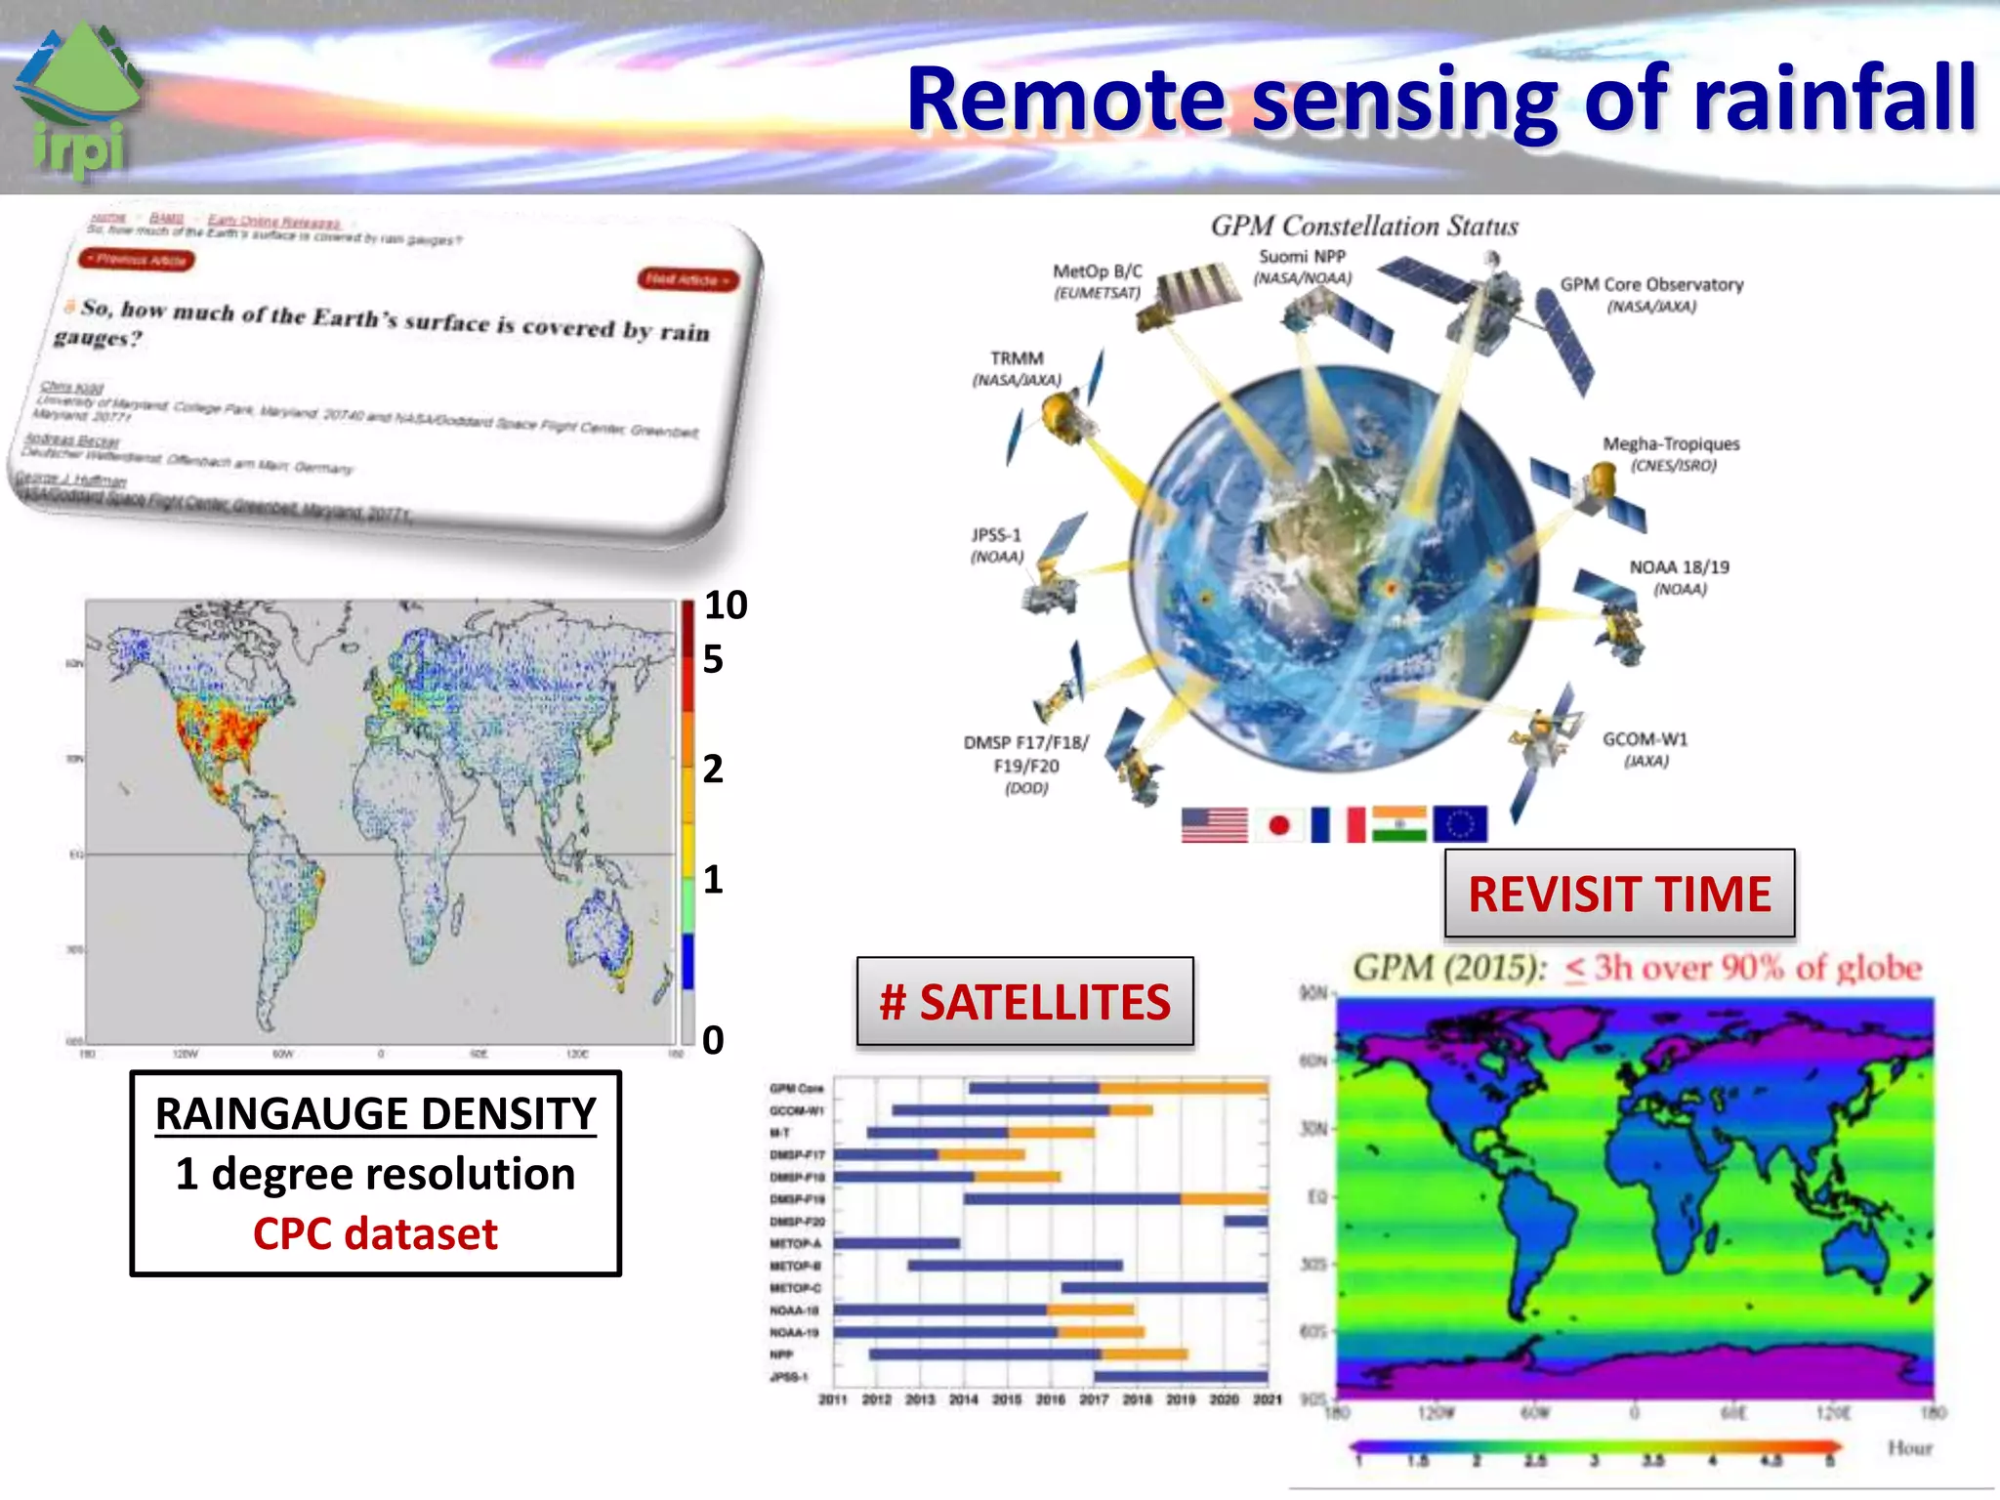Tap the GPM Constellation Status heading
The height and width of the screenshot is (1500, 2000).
[x=1364, y=227]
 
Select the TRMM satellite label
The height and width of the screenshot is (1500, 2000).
[x=1017, y=368]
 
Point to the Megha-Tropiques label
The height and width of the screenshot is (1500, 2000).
[x=1671, y=453]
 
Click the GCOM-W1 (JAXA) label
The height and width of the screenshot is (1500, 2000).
[x=1645, y=749]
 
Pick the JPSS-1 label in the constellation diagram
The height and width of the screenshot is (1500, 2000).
[x=996, y=545]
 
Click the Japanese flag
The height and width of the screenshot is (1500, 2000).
[x=1278, y=825]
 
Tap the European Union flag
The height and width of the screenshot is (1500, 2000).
[x=1459, y=824]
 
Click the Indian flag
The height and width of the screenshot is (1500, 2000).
[x=1398, y=824]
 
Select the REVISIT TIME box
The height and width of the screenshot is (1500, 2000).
[x=1619, y=894]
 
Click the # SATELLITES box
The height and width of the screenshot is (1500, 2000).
[x=1024, y=1002]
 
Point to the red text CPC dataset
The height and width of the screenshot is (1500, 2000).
[x=375, y=1233]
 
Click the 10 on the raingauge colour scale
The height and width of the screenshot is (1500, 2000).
[x=726, y=605]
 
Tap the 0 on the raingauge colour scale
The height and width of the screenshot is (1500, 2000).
[x=713, y=1040]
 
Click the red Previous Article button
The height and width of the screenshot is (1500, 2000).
[x=138, y=260]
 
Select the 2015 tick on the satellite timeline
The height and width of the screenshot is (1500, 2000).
[x=1006, y=1399]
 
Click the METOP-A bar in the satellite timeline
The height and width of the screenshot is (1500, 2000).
[x=896, y=1243]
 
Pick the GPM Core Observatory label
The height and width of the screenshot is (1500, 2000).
[x=1651, y=294]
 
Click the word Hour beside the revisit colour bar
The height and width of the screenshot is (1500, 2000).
[x=1909, y=1447]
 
